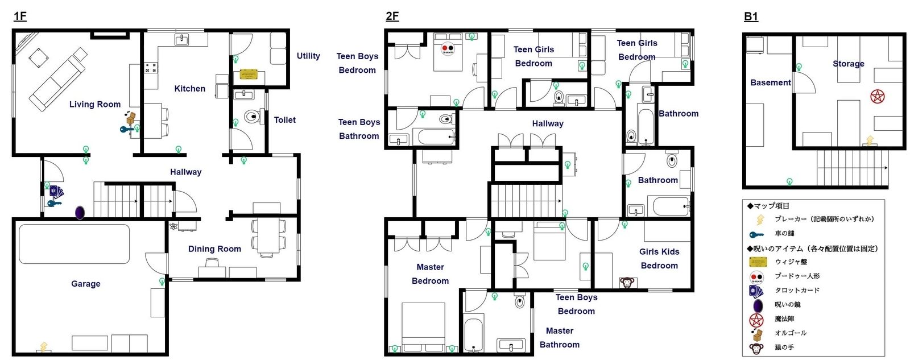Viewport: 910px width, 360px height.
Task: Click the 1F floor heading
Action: [20, 16]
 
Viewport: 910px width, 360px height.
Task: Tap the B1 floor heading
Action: [751, 16]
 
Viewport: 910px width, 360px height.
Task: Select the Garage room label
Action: [86, 283]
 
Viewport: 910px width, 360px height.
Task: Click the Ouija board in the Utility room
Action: [249, 75]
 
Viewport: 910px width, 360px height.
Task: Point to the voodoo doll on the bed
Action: [448, 49]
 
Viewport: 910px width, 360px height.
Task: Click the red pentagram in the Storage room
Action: [878, 96]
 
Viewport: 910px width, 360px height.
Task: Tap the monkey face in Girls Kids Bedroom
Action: [627, 282]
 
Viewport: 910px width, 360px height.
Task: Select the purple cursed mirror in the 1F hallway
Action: [80, 213]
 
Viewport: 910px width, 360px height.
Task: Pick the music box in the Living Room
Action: [131, 118]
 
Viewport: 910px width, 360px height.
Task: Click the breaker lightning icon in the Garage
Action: [43, 346]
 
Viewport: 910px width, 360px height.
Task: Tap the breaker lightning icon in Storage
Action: [870, 140]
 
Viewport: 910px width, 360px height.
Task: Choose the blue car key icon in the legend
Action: [756, 234]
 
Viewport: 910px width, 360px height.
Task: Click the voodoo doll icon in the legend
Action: [756, 277]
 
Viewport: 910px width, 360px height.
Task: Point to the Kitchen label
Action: [189, 89]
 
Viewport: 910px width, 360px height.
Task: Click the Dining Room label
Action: [214, 249]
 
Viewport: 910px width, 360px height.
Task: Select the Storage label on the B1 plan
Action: [848, 64]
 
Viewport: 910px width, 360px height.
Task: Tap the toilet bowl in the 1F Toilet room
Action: [252, 117]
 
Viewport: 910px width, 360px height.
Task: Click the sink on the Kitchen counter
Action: [181, 39]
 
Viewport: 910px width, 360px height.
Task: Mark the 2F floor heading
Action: [392, 16]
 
